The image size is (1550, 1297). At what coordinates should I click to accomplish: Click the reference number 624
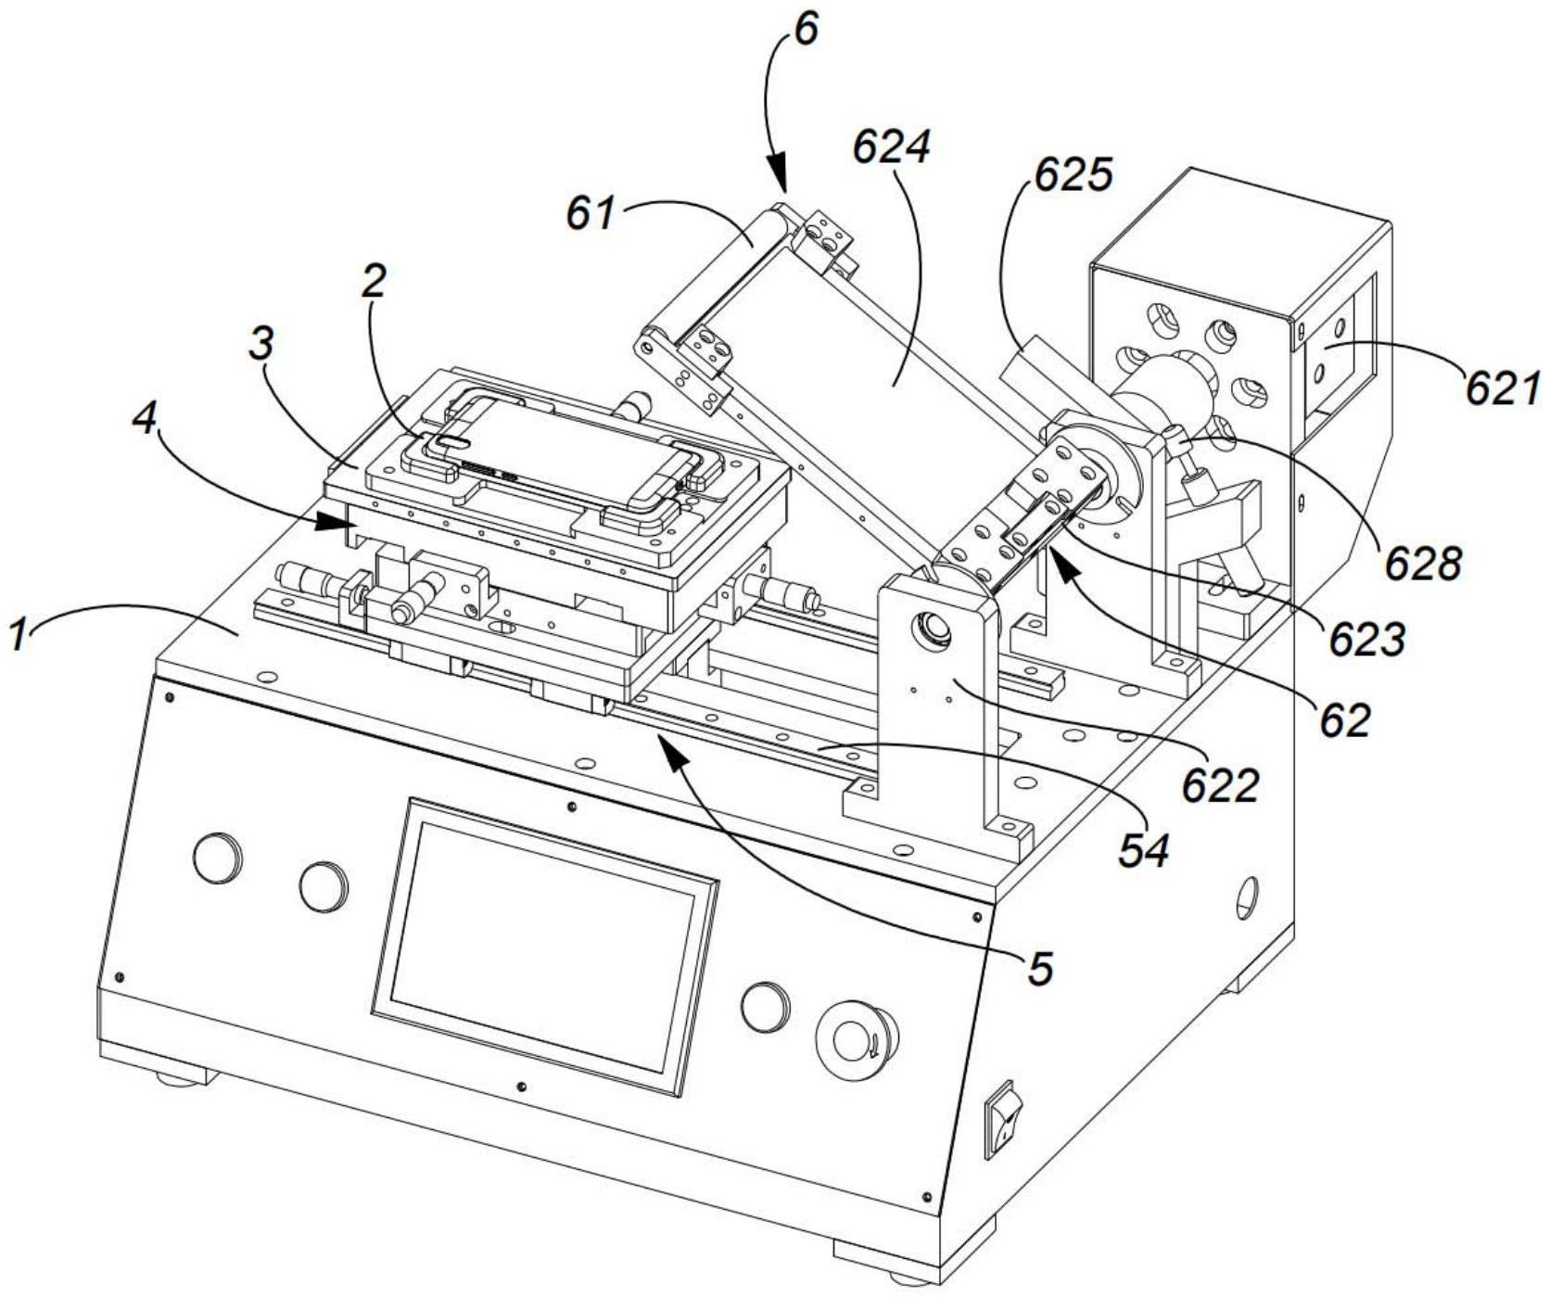coord(892,148)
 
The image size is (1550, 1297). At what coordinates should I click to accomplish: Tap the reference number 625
coord(1074,173)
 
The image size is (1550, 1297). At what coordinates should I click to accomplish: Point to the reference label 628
coord(1423,562)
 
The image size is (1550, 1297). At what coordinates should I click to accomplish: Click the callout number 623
coord(1367,639)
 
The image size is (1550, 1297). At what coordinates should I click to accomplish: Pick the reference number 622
coord(1220,786)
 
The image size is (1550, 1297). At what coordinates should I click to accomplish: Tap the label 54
coord(1143,850)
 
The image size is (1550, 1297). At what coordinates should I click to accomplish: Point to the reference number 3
coord(263,345)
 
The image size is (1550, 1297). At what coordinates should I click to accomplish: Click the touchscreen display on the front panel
coord(545,945)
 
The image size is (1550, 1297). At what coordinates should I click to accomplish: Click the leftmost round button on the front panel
coord(218,858)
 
